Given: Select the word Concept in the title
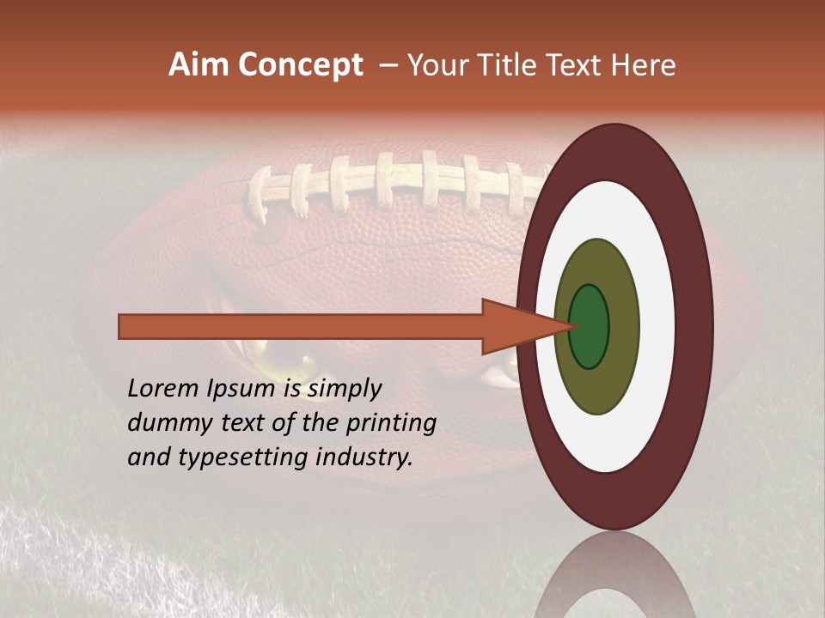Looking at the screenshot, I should [301, 66].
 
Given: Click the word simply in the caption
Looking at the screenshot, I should [344, 389].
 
